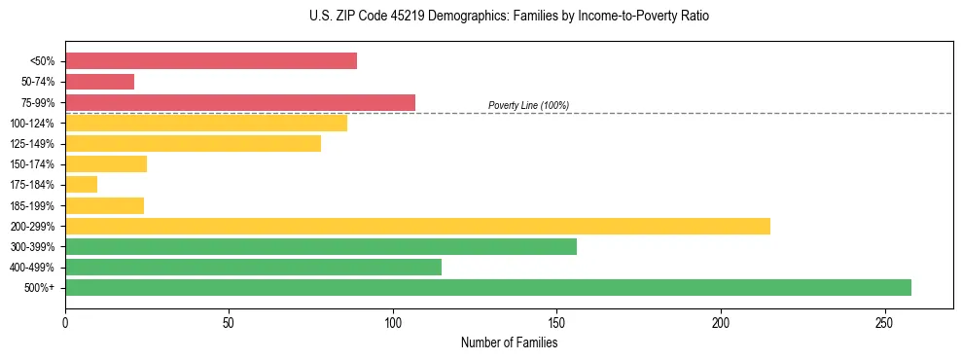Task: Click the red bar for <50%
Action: click(211, 61)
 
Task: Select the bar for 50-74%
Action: click(99, 82)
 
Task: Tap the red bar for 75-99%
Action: click(240, 102)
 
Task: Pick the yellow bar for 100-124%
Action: click(206, 123)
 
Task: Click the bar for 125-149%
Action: click(193, 143)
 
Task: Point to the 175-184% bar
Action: click(81, 184)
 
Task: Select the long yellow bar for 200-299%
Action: click(417, 226)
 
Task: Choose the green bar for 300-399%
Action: click(321, 246)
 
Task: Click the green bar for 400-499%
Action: click(253, 267)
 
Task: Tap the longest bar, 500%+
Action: click(488, 287)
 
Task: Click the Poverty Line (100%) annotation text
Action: click(528, 105)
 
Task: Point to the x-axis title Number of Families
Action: click(509, 342)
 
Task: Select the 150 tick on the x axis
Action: click(556, 322)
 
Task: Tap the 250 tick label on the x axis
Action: click(884, 322)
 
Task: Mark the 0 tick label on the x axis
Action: click(65, 322)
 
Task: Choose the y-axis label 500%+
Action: click(39, 288)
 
